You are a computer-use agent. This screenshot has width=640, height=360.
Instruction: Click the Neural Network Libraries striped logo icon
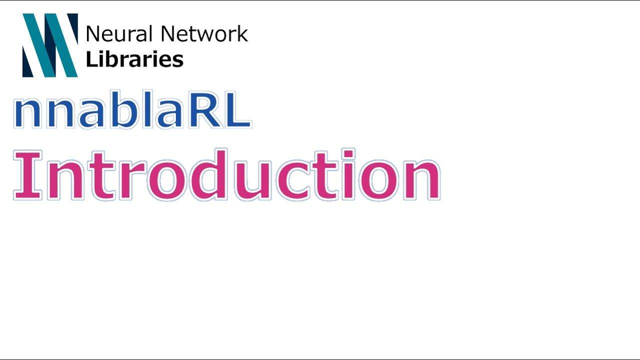pyautogui.click(x=50, y=45)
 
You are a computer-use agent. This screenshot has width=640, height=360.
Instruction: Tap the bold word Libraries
pyautogui.click(x=134, y=59)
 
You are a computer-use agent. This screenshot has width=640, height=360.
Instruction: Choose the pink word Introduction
pyautogui.click(x=226, y=175)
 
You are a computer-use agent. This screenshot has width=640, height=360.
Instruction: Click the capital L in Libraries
pyautogui.click(x=90, y=59)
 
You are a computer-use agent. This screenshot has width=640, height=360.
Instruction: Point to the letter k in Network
pyautogui.click(x=242, y=34)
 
